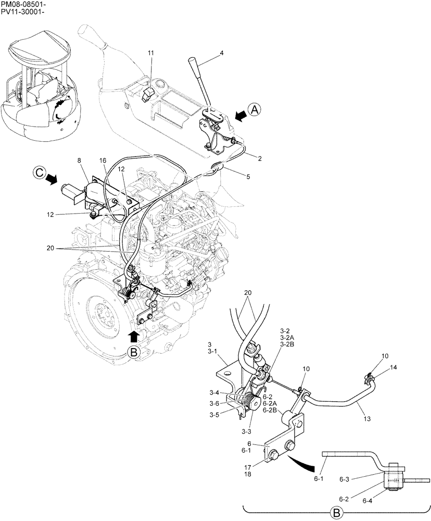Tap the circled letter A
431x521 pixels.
tap(254, 110)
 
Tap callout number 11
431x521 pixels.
tap(150, 53)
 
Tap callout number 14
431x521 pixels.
tap(393, 367)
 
